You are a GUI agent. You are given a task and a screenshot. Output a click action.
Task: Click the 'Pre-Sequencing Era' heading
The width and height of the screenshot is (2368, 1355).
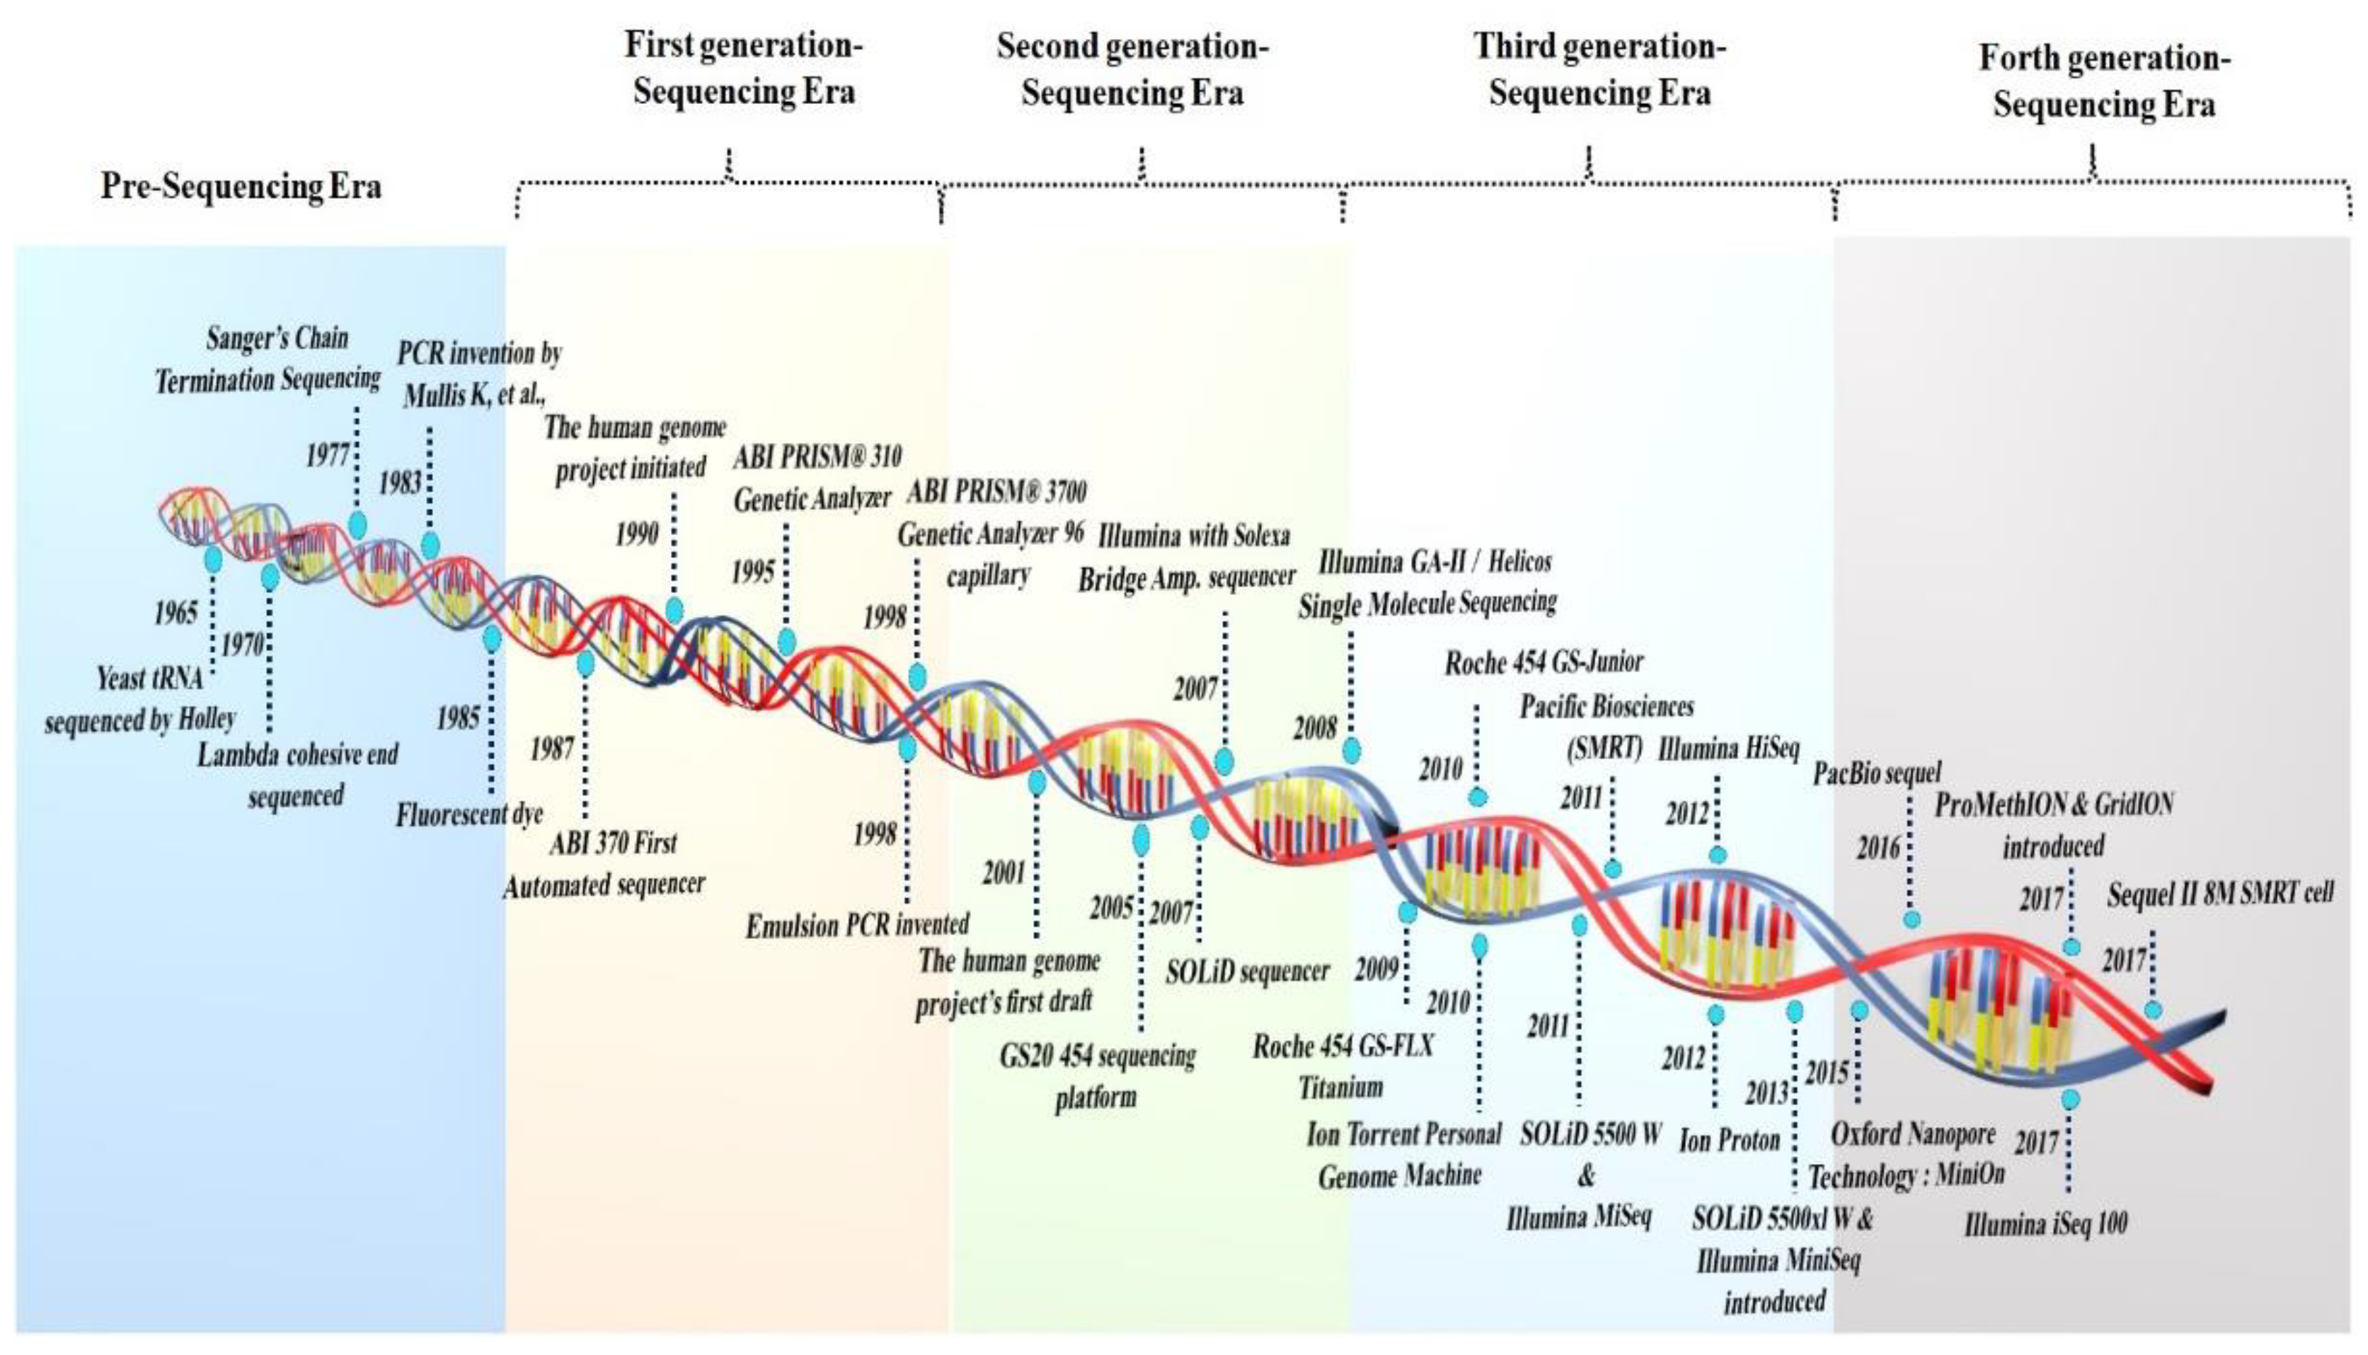click(241, 186)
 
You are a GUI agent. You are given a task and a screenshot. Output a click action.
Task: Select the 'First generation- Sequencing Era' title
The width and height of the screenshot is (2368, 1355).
click(743, 69)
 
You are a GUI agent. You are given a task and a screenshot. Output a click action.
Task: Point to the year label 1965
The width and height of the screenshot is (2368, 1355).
click(176, 612)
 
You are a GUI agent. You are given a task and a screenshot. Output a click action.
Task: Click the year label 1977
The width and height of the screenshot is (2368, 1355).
click(328, 456)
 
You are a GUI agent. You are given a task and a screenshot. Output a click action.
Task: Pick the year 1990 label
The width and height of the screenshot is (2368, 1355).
click(637, 534)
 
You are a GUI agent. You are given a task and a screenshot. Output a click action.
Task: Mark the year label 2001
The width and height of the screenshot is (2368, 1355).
click(1004, 873)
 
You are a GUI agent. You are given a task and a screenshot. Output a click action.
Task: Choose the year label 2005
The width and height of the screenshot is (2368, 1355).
click(1111, 907)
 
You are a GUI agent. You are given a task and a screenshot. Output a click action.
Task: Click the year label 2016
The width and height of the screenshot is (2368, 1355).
click(1878, 848)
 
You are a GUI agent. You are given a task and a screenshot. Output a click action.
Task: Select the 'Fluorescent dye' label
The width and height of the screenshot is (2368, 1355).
click(469, 815)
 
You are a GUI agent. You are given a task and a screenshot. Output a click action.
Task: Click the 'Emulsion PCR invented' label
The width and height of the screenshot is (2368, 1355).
click(857, 925)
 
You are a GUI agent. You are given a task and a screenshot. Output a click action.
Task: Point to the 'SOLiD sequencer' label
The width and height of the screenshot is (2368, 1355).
click(1247, 971)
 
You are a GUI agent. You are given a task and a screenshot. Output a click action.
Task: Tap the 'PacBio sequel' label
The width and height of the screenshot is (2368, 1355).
click(1877, 773)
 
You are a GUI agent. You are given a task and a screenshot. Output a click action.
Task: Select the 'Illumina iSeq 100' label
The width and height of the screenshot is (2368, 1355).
click(2046, 1224)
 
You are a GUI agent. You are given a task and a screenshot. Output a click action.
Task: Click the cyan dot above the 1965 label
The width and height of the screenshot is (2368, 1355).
click(213, 558)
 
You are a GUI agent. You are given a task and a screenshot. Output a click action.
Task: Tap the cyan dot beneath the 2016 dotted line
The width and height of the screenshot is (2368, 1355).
click(1911, 919)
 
